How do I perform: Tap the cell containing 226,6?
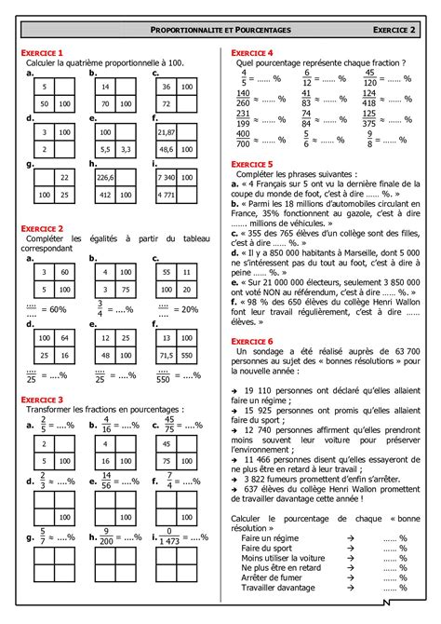(x=103, y=177)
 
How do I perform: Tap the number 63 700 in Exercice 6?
(x=397, y=326)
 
